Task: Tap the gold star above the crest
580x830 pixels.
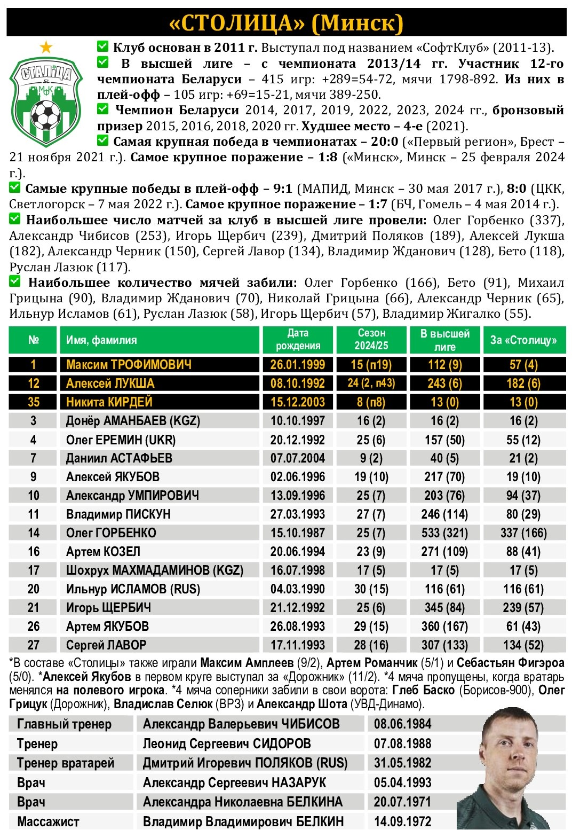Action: click(x=46, y=48)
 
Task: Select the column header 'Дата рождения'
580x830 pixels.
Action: click(x=298, y=340)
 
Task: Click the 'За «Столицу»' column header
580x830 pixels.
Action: click(x=523, y=340)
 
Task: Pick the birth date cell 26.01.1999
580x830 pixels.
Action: click(x=298, y=365)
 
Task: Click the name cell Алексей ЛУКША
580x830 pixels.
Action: click(x=110, y=383)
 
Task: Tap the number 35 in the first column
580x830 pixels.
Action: click(x=34, y=402)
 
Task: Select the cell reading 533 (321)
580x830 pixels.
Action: click(x=444, y=533)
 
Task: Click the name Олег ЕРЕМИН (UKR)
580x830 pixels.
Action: click(x=121, y=440)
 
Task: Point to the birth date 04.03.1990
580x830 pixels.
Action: click(x=298, y=589)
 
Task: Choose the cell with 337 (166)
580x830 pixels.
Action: click(x=523, y=533)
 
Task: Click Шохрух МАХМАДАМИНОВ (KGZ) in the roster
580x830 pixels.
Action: click(x=155, y=570)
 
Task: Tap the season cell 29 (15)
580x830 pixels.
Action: click(x=371, y=627)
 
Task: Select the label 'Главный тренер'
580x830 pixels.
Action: click(x=65, y=724)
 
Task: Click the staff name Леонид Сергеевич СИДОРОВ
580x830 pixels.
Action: click(x=227, y=743)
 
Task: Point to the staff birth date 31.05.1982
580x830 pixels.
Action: click(x=403, y=763)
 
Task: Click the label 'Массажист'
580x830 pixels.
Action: click(x=48, y=821)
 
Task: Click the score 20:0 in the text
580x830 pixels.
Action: click(x=385, y=142)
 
